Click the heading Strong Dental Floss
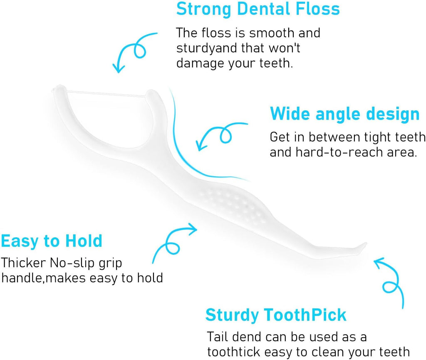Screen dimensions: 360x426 coord(258,9)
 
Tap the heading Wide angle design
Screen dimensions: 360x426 coord(345,114)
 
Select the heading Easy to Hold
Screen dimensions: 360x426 coord(52,241)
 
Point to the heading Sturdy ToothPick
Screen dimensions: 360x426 coord(276,315)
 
